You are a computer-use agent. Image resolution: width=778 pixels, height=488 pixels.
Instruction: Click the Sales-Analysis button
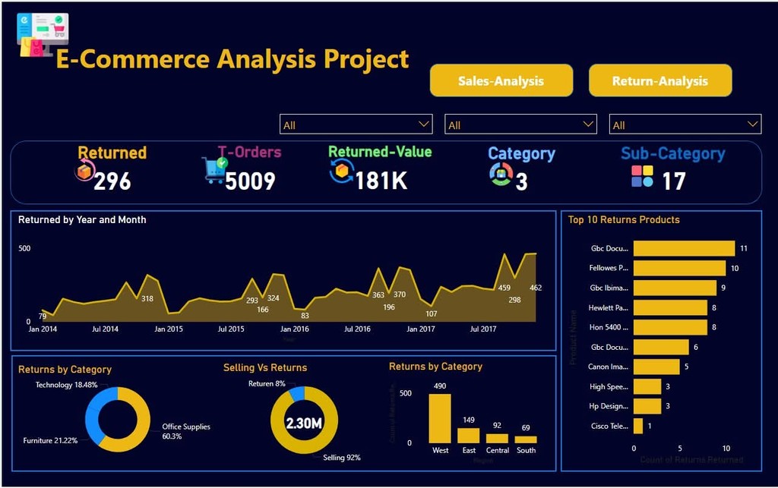pyautogui.click(x=501, y=81)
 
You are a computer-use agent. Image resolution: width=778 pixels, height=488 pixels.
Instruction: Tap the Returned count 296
pyautogui.click(x=112, y=181)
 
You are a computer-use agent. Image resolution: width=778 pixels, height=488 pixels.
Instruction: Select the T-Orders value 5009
pyautogui.click(x=250, y=181)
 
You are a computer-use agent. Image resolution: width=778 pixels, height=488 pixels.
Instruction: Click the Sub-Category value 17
pyautogui.click(x=673, y=181)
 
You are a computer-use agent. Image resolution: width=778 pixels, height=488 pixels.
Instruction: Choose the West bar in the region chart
pyautogui.click(x=440, y=418)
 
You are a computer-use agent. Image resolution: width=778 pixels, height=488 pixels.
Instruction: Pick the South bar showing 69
pyautogui.click(x=526, y=439)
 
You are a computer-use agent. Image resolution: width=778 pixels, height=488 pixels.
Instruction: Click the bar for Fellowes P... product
pyautogui.click(x=679, y=268)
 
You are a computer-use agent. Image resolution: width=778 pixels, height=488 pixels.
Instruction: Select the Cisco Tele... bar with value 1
pyautogui.click(x=638, y=426)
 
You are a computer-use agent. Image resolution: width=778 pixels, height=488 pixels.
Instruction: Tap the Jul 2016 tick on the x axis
pyautogui.click(x=357, y=329)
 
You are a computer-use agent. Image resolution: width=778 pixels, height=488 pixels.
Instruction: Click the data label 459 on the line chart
pyautogui.click(x=504, y=288)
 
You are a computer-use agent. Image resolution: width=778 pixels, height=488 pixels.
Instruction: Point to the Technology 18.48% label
pyautogui.click(x=66, y=386)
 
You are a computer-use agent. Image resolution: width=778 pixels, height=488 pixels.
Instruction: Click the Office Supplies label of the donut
pyautogui.click(x=186, y=427)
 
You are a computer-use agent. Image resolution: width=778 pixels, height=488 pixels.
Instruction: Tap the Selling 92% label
pyautogui.click(x=342, y=458)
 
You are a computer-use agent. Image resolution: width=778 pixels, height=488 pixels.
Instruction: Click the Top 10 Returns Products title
pyautogui.click(x=624, y=220)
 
